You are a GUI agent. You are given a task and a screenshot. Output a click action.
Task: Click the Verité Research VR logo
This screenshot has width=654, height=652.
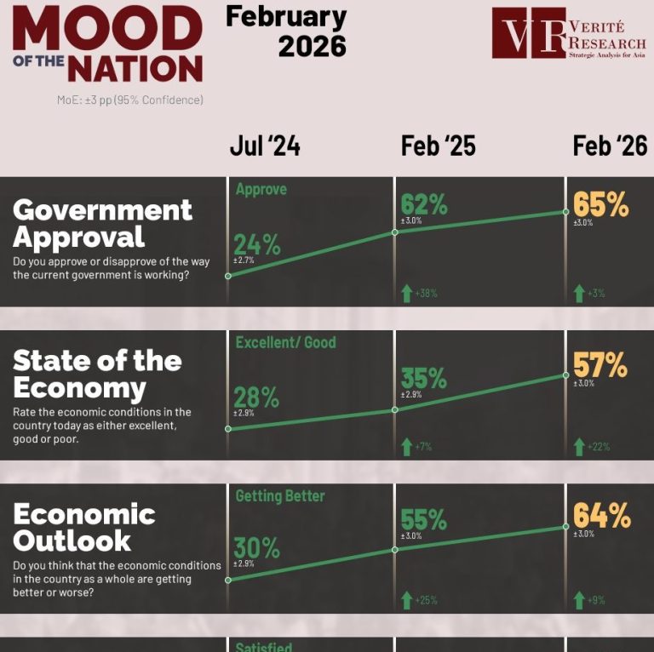(x=529, y=33)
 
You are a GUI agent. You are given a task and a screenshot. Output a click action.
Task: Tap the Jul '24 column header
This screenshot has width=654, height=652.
(x=265, y=146)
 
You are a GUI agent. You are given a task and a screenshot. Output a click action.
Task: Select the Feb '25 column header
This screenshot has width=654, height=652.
(x=438, y=146)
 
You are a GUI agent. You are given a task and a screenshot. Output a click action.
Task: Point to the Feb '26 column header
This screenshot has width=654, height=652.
(x=610, y=146)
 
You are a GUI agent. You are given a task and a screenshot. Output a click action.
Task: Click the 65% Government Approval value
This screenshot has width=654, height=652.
(x=600, y=205)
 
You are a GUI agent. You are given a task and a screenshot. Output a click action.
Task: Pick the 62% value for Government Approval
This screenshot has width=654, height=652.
(x=424, y=205)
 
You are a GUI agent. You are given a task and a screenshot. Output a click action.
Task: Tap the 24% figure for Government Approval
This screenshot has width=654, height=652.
(x=256, y=244)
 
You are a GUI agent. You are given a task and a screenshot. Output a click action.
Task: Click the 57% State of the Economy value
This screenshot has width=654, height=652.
(x=600, y=366)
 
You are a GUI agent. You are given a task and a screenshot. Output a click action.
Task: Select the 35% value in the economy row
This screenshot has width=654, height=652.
(x=424, y=377)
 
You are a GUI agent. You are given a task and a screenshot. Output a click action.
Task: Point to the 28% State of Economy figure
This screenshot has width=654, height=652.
(x=256, y=397)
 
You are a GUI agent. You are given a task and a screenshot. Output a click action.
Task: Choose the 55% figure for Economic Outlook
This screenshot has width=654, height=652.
(x=424, y=519)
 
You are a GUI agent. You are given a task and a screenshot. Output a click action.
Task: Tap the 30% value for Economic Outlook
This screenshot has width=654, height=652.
(x=256, y=548)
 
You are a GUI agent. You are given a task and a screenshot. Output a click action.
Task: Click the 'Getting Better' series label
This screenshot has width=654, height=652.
(x=280, y=495)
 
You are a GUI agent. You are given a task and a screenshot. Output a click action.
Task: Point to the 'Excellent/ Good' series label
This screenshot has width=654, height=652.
(x=285, y=342)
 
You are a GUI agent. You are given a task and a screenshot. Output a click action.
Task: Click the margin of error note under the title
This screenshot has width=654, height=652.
(x=130, y=100)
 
